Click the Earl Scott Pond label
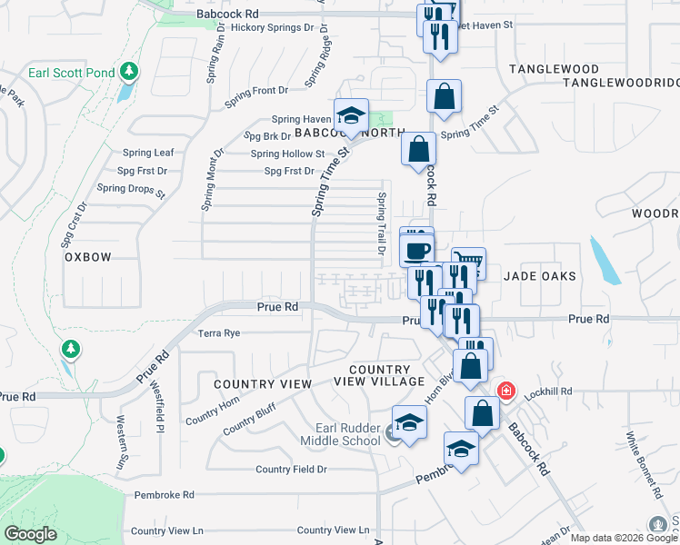coord(76,72)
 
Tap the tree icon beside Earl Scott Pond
coord(129,70)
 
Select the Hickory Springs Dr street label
coord(265,28)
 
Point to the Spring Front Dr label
coord(258,90)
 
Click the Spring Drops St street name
coord(130,189)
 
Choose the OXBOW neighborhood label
coord(87,257)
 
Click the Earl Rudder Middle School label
coord(347,434)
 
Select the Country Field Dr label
coord(291,469)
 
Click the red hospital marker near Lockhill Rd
coord(506,391)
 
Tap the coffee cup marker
coord(417,250)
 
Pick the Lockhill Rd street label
coord(554,391)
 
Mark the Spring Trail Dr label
coord(382,223)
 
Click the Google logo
coord(31,535)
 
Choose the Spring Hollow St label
coord(287,154)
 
